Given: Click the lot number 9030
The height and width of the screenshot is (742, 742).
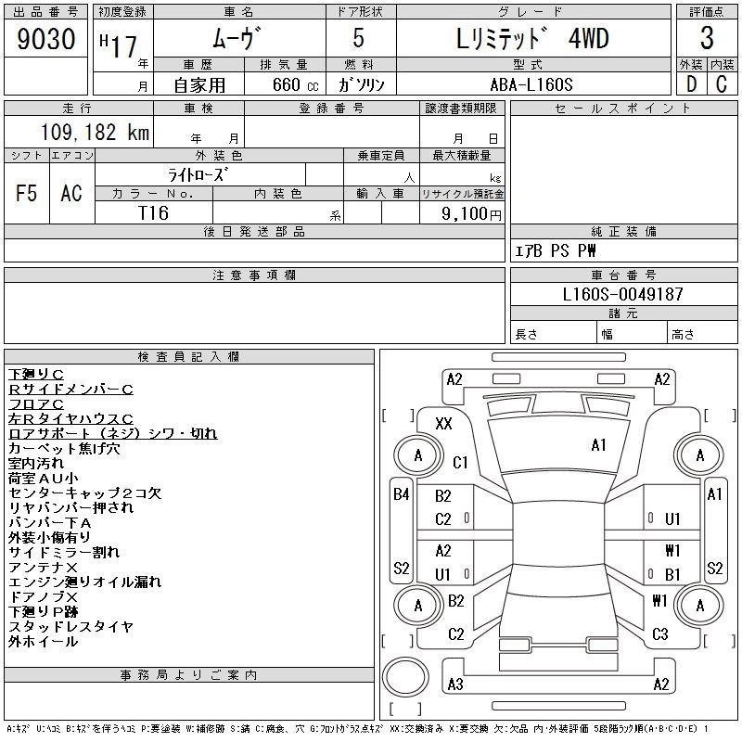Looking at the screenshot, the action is pyautogui.click(x=46, y=39).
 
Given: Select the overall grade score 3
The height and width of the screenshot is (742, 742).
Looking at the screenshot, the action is pyautogui.click(x=707, y=38).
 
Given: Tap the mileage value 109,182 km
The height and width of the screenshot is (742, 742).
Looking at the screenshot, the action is pyautogui.click(x=95, y=132).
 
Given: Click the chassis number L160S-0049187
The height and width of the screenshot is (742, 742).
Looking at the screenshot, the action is pyautogui.click(x=622, y=294).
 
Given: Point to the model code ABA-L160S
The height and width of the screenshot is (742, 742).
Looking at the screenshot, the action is pyautogui.click(x=531, y=84).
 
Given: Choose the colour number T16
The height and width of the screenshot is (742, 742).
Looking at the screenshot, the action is pyautogui.click(x=153, y=213).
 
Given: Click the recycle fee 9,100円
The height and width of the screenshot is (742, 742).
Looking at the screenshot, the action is pyautogui.click(x=471, y=214).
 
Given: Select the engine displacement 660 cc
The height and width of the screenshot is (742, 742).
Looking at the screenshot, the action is pyautogui.click(x=295, y=84).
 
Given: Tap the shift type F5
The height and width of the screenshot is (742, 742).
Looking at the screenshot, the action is pyautogui.click(x=26, y=193).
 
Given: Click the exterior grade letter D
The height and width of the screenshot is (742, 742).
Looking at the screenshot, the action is pyautogui.click(x=691, y=84).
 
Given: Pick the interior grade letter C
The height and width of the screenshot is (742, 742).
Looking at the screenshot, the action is pyautogui.click(x=722, y=84).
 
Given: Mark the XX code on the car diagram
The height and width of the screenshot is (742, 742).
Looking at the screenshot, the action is pyautogui.click(x=443, y=423).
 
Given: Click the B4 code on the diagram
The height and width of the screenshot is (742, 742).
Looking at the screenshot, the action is pyautogui.click(x=402, y=494).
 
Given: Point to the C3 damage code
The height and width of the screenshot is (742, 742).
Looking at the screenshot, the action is pyautogui.click(x=659, y=633).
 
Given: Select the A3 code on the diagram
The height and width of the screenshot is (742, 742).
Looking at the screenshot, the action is pyautogui.click(x=455, y=684).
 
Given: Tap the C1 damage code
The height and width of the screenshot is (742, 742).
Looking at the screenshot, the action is pyautogui.click(x=460, y=462).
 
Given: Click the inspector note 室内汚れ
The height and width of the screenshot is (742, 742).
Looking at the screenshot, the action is pyautogui.click(x=36, y=463).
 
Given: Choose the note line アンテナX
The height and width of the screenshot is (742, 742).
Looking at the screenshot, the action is pyautogui.click(x=43, y=567).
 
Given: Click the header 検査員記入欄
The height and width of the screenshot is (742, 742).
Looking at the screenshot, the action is pyautogui.click(x=188, y=356).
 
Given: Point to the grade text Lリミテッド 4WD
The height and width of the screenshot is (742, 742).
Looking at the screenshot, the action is pyautogui.click(x=531, y=38).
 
